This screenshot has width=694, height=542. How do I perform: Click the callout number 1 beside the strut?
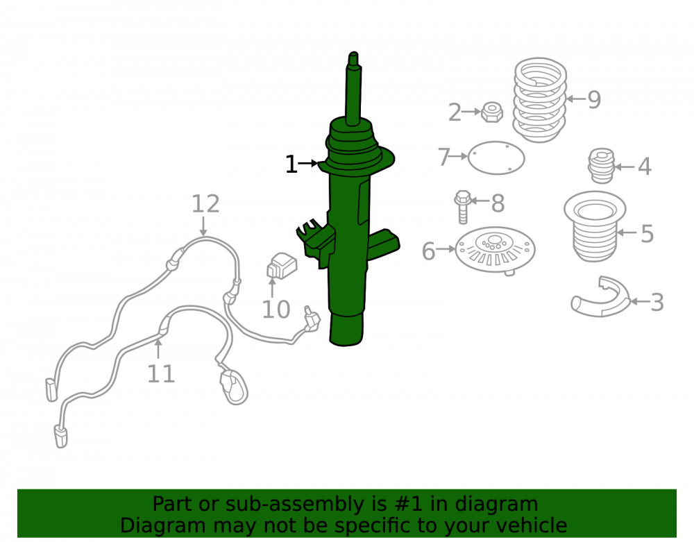(x=291, y=164)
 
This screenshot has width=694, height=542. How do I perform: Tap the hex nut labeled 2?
(x=492, y=112)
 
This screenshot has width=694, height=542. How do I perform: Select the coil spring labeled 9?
(x=540, y=100)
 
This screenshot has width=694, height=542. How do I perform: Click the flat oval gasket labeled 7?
(x=496, y=158)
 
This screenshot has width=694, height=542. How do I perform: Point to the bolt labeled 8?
(x=462, y=207)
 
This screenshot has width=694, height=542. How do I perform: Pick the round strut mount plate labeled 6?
(x=496, y=250)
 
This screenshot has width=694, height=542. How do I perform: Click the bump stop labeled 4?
(x=601, y=166)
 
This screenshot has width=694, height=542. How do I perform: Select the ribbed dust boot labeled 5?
(x=595, y=226)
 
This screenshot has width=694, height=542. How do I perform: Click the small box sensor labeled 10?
(x=282, y=266)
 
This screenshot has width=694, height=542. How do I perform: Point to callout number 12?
(x=205, y=204)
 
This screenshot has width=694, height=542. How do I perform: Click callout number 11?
(x=161, y=374)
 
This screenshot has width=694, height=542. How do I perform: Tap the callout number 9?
(x=594, y=99)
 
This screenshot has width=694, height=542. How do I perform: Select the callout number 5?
(x=647, y=234)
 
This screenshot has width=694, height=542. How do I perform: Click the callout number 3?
(x=657, y=303)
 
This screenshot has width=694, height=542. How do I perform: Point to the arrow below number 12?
(x=203, y=226)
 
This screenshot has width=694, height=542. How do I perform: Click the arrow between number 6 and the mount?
(x=446, y=250)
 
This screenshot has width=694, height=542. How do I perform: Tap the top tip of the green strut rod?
(x=353, y=53)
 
